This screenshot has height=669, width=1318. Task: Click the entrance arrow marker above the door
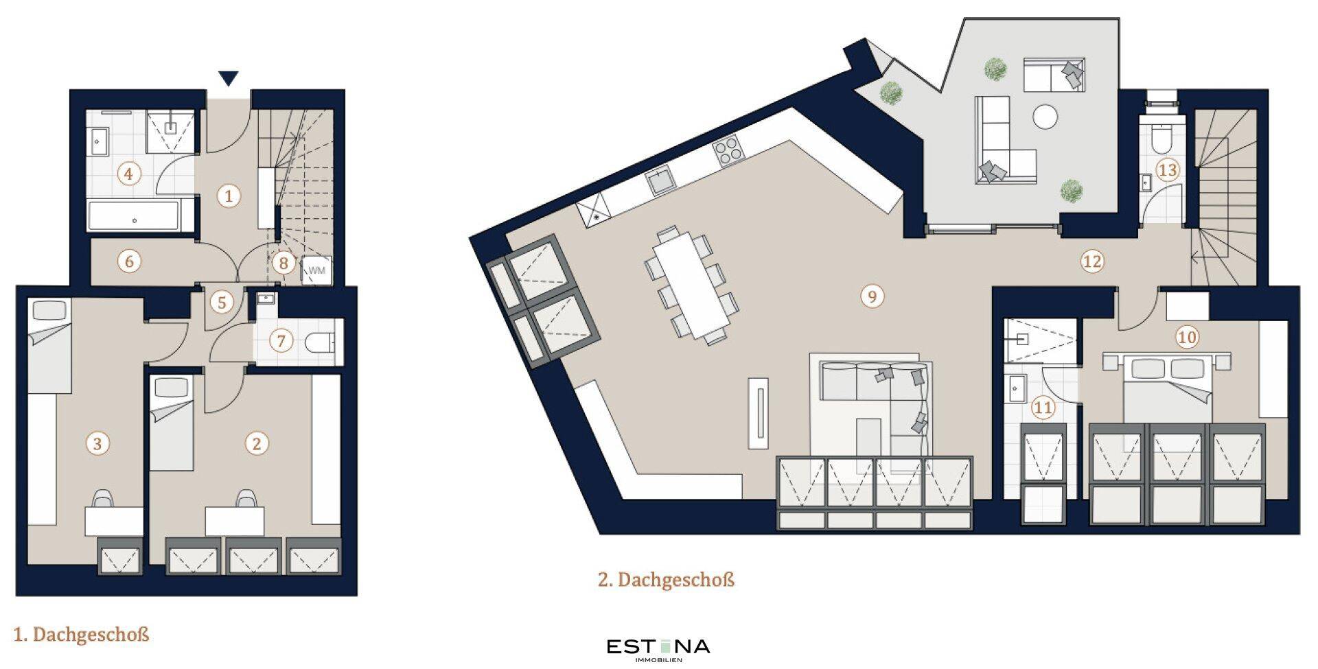pyautogui.click(x=229, y=78)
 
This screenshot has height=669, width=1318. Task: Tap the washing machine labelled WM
pyautogui.click(x=316, y=270)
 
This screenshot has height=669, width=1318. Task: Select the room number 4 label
pyautogui.click(x=128, y=174)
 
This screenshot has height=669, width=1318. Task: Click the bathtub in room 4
pyautogui.click(x=134, y=216)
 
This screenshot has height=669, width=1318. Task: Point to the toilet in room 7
pyautogui.click(x=321, y=342)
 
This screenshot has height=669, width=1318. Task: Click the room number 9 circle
pyautogui.click(x=872, y=296)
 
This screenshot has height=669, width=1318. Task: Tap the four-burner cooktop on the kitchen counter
pyautogui.click(x=728, y=150)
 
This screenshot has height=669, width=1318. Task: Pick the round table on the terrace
pyautogui.click(x=1046, y=116)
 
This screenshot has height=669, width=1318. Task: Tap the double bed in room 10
pyautogui.click(x=1167, y=388)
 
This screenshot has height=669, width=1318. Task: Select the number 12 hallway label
pyautogui.click(x=1092, y=261)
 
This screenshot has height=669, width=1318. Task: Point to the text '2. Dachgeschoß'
pyautogui.click(x=666, y=580)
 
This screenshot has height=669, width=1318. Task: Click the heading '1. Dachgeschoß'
pyautogui.click(x=81, y=634)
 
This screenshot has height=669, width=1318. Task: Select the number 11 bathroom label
pyautogui.click(x=1043, y=408)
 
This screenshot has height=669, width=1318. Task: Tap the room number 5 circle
pyautogui.click(x=221, y=303)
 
